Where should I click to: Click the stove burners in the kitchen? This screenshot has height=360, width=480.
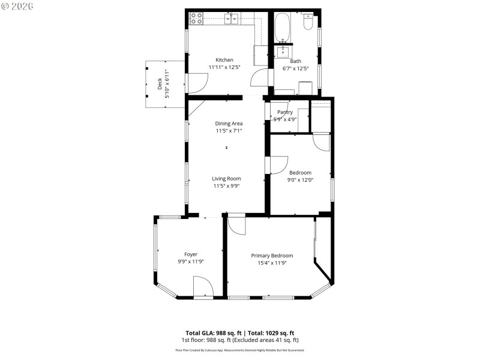tap(196, 19)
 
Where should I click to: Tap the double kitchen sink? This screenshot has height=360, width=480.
tap(232, 19)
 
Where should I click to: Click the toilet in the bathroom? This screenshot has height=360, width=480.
tap(308, 22)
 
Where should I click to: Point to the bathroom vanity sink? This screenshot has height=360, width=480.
tap(282, 50)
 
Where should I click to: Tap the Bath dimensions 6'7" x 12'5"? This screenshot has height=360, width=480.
tap(296, 68)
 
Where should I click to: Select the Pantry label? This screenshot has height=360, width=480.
tap(285, 112)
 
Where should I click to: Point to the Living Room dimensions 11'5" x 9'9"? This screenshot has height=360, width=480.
tap(227, 186)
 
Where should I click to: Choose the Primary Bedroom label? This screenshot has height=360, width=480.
tap(272, 255)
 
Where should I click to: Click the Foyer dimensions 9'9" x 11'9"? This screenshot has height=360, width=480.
tap(191, 262)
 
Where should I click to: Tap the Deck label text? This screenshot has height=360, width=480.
tap(159, 84)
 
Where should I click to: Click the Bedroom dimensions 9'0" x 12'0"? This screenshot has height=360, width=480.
tap(301, 179)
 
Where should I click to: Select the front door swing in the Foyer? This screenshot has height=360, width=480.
tap(203, 287)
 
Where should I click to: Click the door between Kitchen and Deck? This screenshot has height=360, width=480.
tap(194, 83)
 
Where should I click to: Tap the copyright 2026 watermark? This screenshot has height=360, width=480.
tap(17, 6)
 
